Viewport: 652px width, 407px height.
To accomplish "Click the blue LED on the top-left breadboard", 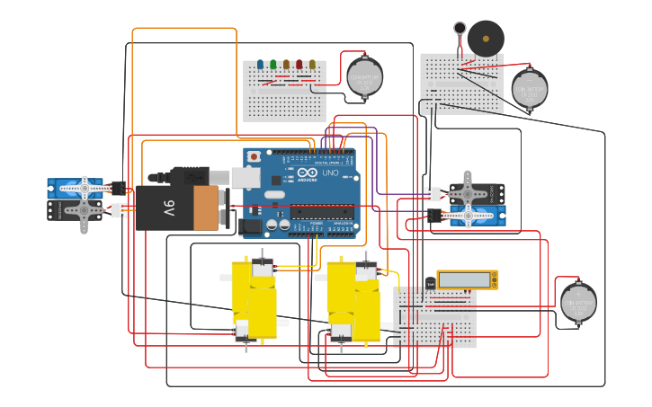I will (260, 65).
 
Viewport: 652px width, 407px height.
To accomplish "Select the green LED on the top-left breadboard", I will (272, 65).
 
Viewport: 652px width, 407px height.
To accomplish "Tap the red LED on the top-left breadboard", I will (299, 65).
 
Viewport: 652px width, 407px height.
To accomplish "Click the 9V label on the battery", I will (168, 208).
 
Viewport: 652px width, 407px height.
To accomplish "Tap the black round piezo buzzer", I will (486, 39).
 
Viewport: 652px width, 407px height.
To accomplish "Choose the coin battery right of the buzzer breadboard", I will (530, 89).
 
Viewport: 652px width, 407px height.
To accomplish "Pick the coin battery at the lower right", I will (578, 302).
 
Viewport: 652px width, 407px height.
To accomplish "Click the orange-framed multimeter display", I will (467, 279).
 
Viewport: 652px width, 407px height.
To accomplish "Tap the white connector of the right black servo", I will (434, 193).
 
